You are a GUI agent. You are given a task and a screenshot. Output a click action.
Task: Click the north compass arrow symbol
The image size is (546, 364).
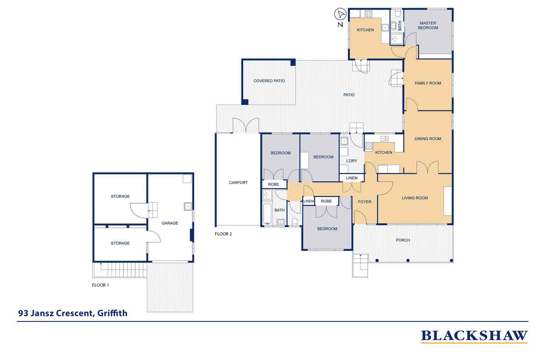click(340, 15)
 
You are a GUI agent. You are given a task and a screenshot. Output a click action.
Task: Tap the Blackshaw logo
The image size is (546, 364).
click(474, 336)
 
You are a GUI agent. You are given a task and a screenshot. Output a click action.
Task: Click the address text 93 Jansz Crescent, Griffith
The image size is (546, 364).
click(73, 313)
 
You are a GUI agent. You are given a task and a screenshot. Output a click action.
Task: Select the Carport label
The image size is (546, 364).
click(238, 183)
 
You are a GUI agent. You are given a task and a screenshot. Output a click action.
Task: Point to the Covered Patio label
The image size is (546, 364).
click(269, 81)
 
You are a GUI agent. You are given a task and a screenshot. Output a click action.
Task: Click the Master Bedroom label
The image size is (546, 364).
click(428, 25)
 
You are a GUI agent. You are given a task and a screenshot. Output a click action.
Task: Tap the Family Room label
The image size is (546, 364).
click(428, 83)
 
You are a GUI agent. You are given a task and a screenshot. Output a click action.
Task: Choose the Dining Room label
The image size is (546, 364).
click(428, 139)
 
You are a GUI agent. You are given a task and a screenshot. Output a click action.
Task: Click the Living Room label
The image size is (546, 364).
click(415, 198)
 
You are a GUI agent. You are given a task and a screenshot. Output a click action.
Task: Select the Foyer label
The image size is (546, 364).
click(365, 202)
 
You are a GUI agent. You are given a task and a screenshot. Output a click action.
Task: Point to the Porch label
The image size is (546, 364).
click(403, 240)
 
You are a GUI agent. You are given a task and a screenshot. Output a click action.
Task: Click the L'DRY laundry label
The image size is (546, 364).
click(351, 161)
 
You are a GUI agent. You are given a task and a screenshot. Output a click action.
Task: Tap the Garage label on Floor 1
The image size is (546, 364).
click(170, 223)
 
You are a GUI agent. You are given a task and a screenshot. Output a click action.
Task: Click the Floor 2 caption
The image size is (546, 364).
click(223, 234)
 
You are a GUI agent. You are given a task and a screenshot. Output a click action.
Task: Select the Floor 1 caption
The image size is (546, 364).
click(100, 285)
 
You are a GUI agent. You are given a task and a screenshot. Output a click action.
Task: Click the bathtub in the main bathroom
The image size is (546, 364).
click(267, 214)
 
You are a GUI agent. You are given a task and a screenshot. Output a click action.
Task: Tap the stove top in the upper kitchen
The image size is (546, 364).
click(368, 14)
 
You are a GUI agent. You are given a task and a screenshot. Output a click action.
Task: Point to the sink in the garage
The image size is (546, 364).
click(188, 207)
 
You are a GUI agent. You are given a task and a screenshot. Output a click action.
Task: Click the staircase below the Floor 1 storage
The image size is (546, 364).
click(120, 270)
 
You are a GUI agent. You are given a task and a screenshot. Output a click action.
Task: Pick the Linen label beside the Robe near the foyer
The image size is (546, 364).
click(308, 201)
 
